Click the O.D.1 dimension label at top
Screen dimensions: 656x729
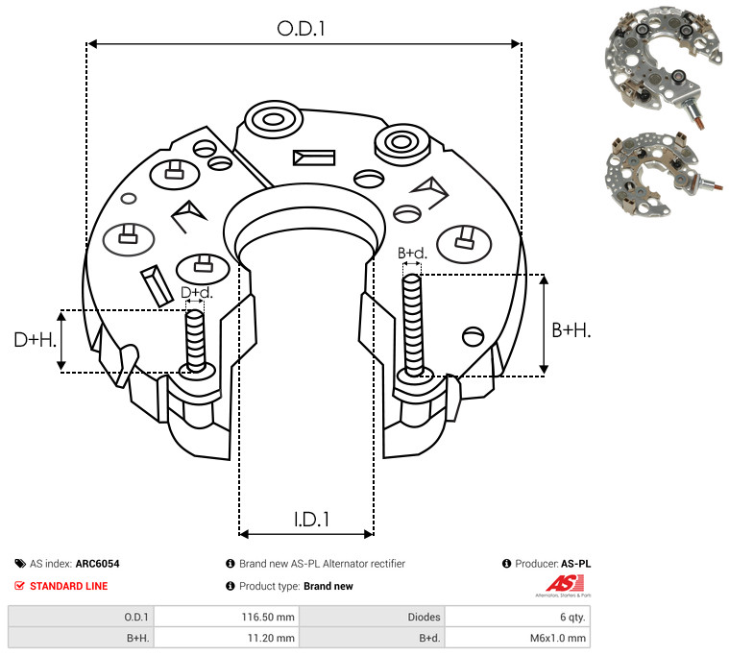pyautogui.click(x=302, y=29)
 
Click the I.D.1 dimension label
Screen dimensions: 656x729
pyautogui.click(x=312, y=520)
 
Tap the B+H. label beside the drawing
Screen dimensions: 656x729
pyautogui.click(x=571, y=329)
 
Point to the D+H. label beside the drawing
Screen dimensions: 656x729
pyautogui.click(x=36, y=339)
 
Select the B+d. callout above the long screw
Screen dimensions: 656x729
pyautogui.click(x=412, y=254)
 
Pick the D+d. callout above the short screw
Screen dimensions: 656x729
pyautogui.click(x=195, y=292)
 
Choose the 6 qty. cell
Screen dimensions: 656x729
pyautogui.click(x=571, y=617)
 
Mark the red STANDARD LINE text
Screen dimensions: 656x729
pyautogui.click(x=68, y=586)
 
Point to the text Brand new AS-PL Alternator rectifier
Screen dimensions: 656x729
pyautogui.click(x=322, y=564)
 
